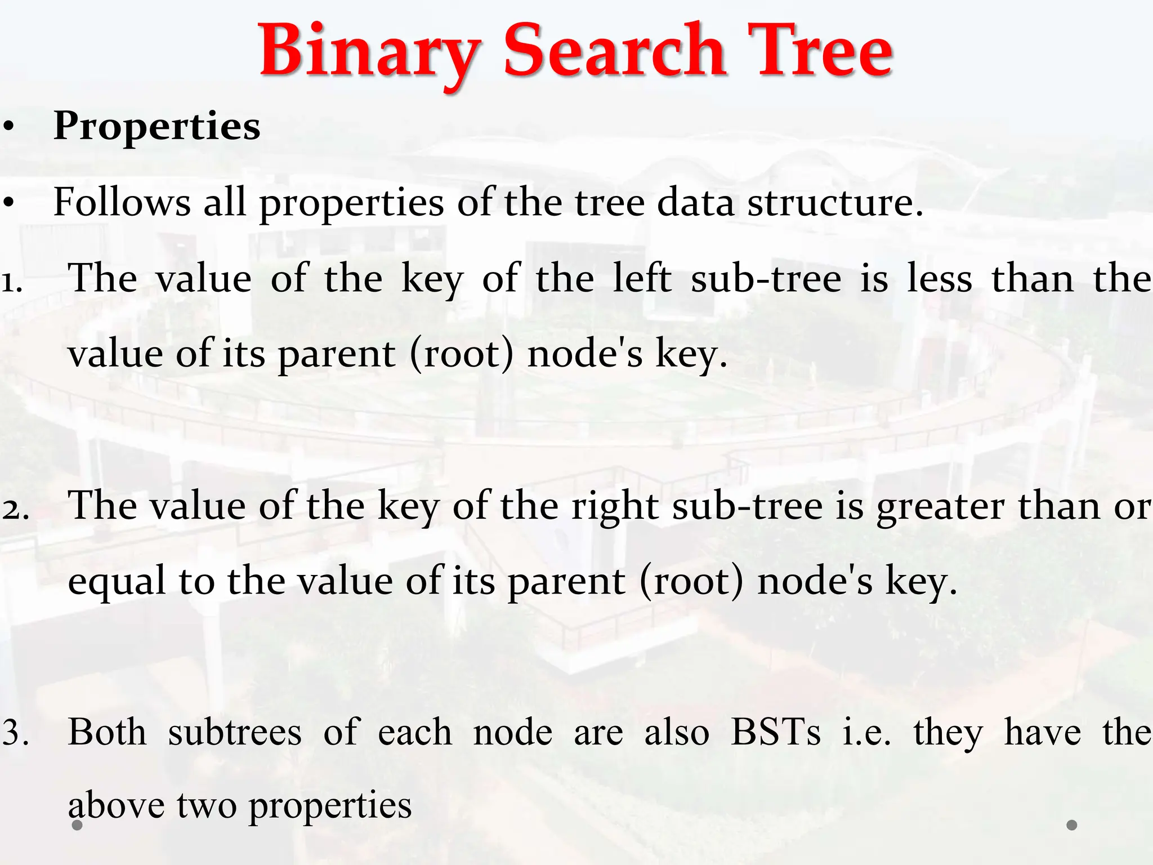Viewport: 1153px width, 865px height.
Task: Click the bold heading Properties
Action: tap(157, 126)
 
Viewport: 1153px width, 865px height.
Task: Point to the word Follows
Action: tap(122, 202)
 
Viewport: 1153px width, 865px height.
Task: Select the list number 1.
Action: tap(11, 281)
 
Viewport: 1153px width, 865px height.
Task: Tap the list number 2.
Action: tap(15, 508)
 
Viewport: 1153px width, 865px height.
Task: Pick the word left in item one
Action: tap(641, 278)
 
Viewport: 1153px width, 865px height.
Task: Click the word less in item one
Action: tap(940, 278)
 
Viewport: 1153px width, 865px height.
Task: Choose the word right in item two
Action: tap(615, 506)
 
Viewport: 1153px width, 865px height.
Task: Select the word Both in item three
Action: tap(107, 732)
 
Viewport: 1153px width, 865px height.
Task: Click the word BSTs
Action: tap(775, 732)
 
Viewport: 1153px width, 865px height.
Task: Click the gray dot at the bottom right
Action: tap(1072, 825)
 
